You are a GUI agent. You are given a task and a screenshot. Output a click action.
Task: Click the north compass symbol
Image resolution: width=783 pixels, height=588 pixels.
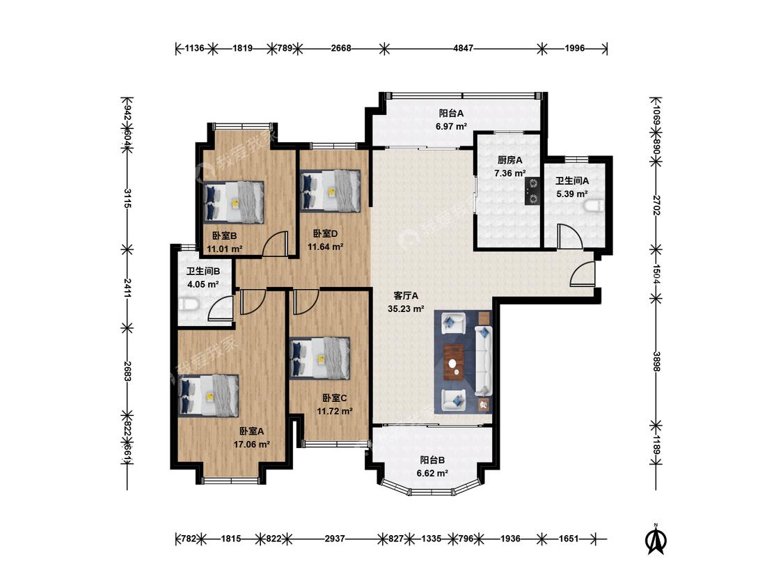point(656,539)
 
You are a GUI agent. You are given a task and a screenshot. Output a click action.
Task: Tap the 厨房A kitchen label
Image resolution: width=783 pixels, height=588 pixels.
point(510,160)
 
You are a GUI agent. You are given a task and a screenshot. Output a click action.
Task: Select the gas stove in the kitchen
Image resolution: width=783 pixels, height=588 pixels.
point(533,192)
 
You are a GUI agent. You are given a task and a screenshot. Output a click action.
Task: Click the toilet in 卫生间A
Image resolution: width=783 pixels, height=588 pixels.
point(594,206)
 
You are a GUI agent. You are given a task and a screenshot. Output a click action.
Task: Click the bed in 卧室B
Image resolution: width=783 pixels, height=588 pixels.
point(234,201)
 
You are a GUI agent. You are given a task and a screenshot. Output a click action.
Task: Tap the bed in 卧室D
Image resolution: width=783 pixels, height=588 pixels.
point(331,191)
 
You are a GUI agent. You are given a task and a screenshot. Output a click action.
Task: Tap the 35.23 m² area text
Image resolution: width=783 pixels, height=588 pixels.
point(406,309)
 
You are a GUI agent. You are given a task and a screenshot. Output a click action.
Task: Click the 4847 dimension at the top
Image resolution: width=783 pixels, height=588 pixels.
point(463,49)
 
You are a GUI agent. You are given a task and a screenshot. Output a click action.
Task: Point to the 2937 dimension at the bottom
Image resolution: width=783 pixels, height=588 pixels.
point(335,539)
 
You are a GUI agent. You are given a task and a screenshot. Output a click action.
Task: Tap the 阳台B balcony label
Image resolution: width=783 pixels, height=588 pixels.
point(432,460)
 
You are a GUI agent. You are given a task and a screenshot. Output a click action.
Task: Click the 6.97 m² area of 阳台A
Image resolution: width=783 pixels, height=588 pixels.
point(452,127)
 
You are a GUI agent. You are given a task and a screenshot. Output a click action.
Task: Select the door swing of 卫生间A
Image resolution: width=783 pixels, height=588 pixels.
point(570,236)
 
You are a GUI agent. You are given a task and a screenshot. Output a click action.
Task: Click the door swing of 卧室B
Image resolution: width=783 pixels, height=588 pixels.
point(276,244)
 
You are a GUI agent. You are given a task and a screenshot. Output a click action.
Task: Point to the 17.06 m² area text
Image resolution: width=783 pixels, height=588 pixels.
point(252,444)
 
